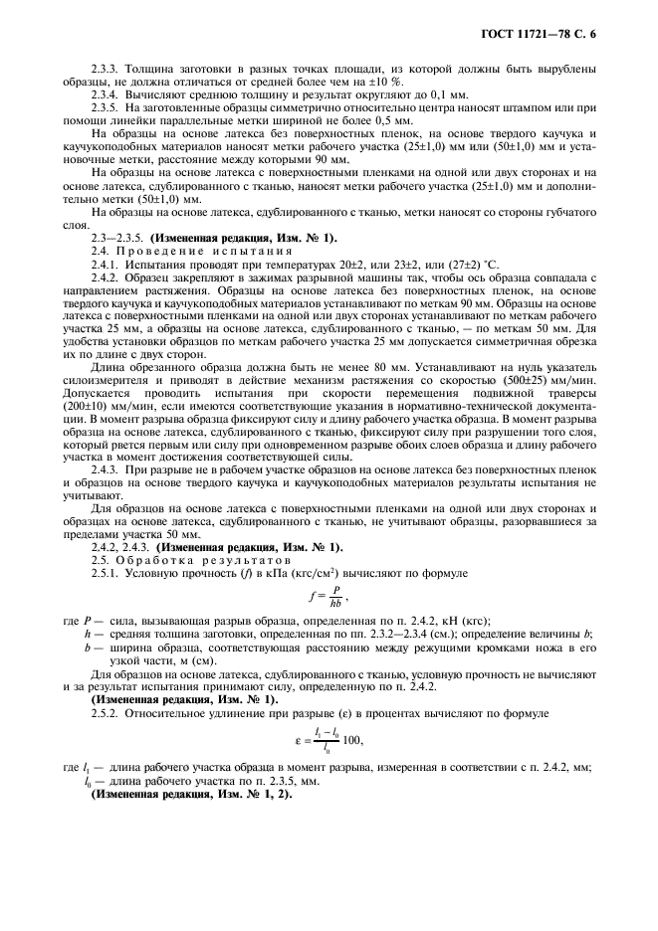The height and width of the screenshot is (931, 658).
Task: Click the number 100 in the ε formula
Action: (x=352, y=739)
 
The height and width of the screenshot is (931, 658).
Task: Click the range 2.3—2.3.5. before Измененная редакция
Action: (x=117, y=237)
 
